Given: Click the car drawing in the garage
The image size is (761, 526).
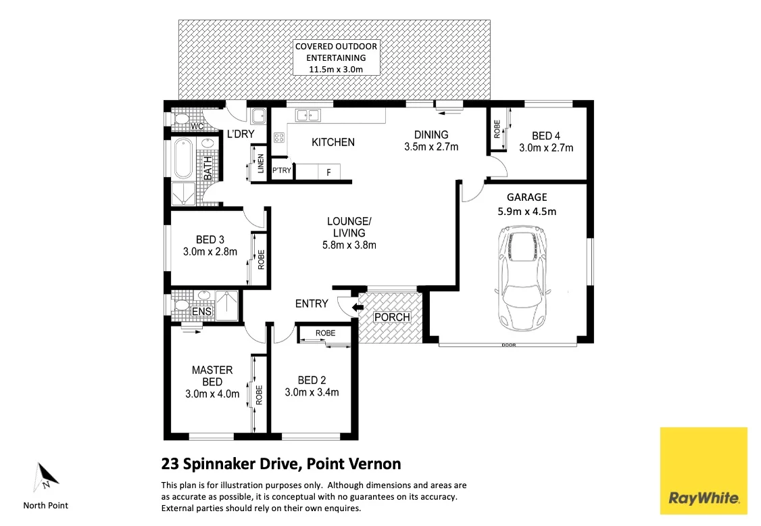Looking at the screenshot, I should point(522,278).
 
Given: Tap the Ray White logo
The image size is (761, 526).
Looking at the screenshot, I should point(704,471).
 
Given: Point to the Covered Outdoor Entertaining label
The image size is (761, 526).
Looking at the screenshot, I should point(336,57).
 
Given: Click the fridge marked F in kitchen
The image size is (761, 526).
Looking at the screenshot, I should point(328,172).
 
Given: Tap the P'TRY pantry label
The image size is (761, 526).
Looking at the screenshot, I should point(281,170).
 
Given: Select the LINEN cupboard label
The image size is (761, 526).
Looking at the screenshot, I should point(261,164).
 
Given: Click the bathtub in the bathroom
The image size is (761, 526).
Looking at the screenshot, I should point(183,159).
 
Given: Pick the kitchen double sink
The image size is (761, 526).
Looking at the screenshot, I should point(308,116).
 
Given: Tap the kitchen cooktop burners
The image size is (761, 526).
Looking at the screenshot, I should point(278,137).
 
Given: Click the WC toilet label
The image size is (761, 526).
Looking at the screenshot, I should point(197,126).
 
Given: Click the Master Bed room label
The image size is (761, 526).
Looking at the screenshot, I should point(212,376).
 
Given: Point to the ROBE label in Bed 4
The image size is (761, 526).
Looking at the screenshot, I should point(497,129).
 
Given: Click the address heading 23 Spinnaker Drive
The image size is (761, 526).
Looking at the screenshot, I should point(281,464).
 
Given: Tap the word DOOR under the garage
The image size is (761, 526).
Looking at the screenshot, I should point(508,345).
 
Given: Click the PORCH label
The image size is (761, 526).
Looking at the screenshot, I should point(392,317).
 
